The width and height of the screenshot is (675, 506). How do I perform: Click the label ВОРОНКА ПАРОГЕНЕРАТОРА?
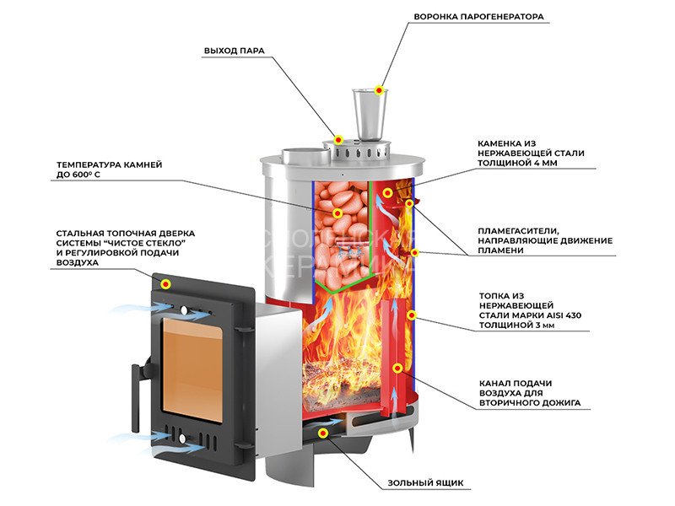(x=478, y=17)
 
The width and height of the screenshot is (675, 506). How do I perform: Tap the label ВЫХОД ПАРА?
(x=235, y=51)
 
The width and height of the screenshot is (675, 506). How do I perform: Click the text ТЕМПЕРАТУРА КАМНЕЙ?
(x=109, y=164)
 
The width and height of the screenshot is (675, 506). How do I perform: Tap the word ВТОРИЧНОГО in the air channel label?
(x=510, y=404)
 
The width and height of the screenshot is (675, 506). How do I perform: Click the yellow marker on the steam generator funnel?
(x=380, y=89)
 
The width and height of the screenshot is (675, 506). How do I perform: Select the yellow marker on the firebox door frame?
(x=166, y=283)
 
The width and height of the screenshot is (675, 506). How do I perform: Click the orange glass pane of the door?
(x=192, y=366)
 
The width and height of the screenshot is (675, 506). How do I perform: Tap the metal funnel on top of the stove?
(x=368, y=114)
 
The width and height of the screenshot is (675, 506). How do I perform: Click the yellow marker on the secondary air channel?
(x=397, y=368)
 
